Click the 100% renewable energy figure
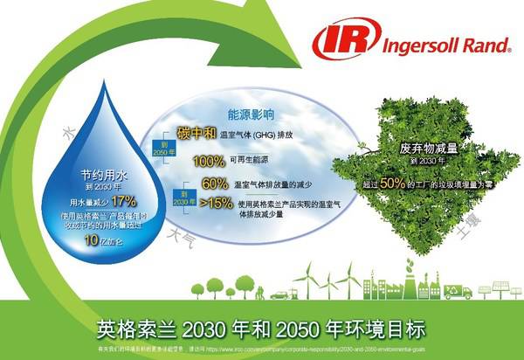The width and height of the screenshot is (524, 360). tap(209, 161)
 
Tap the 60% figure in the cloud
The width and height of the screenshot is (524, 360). tap(214, 184)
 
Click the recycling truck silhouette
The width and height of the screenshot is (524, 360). tap(457, 291)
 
